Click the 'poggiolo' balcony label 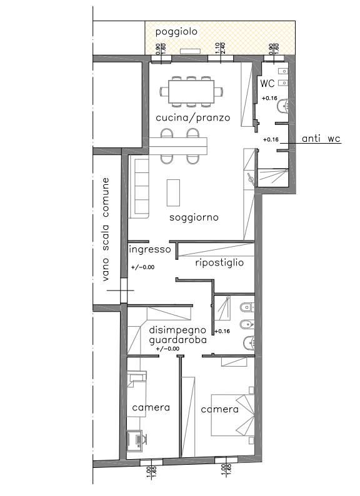[x=176, y=32]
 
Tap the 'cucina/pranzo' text [x=193, y=117]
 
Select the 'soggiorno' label [x=194, y=217]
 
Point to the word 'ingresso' [x=150, y=250]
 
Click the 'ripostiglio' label [x=219, y=262]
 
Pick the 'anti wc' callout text [x=321, y=139]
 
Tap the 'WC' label [x=267, y=84]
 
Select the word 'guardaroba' [x=177, y=340]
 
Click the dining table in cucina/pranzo [x=191, y=92]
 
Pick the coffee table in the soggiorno [x=173, y=192]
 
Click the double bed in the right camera [x=232, y=415]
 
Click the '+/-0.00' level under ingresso [x=142, y=267]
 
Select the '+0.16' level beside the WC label [x=270, y=98]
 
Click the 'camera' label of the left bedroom [x=151, y=407]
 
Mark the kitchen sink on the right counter [x=251, y=179]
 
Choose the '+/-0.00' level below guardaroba [x=167, y=349]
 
